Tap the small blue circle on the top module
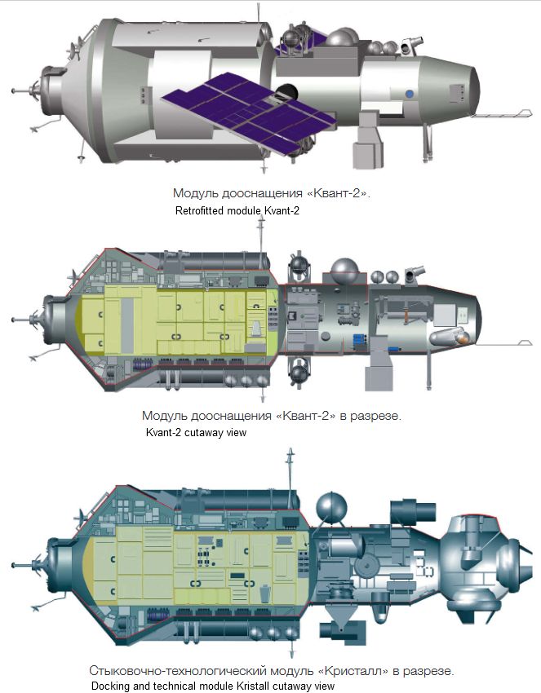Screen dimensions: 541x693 (x=410, y=94)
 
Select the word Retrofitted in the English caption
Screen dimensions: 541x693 (x=199, y=210)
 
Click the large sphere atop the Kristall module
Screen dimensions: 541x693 (x=331, y=506)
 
